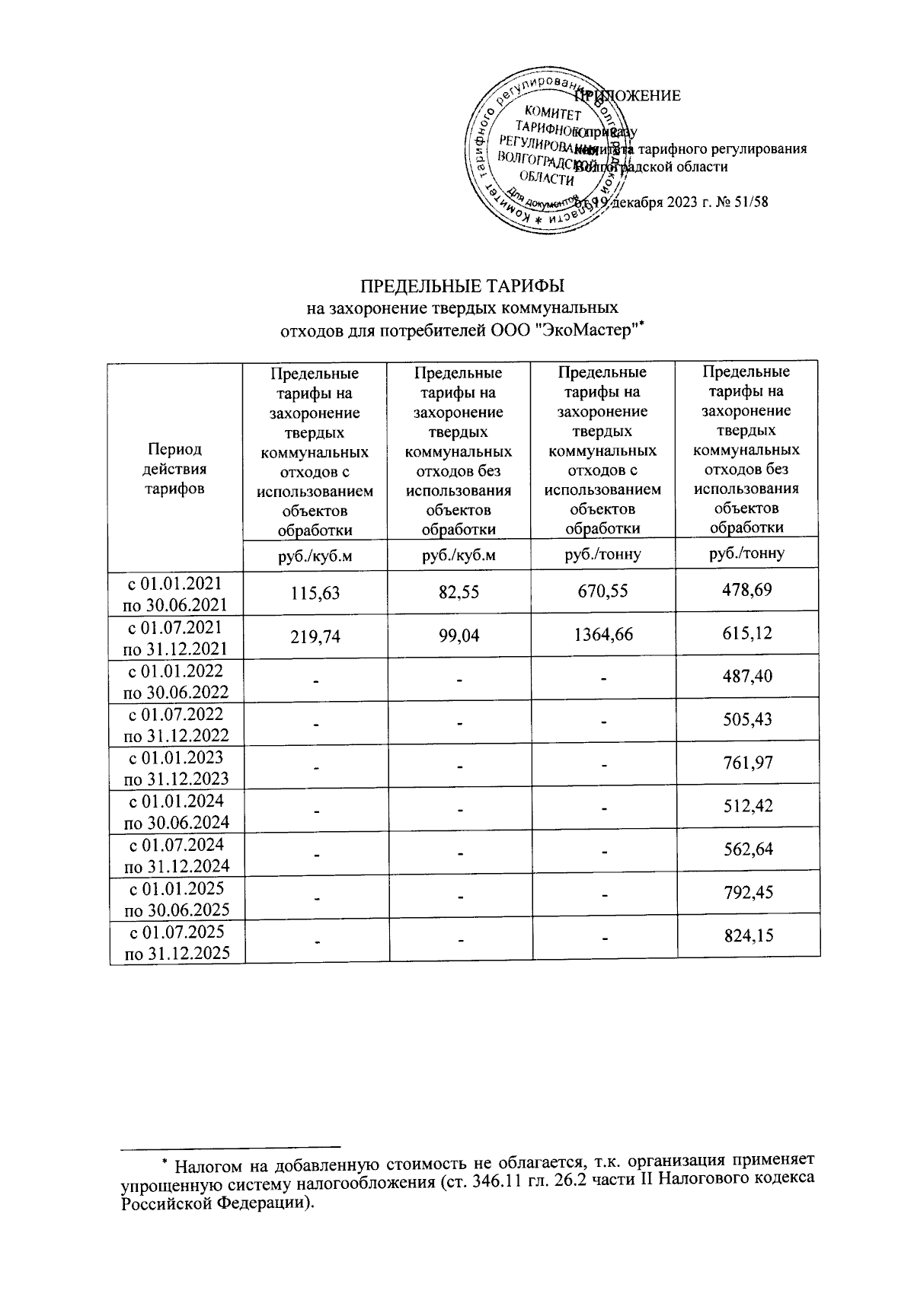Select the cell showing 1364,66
pos(603,634)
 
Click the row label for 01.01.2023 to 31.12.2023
pos(177,767)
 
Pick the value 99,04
pos(460,634)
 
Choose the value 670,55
pos(603,591)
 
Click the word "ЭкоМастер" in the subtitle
pos(593,330)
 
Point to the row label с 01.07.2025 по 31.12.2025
pos(177,942)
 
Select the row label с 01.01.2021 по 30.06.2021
pos(177,594)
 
